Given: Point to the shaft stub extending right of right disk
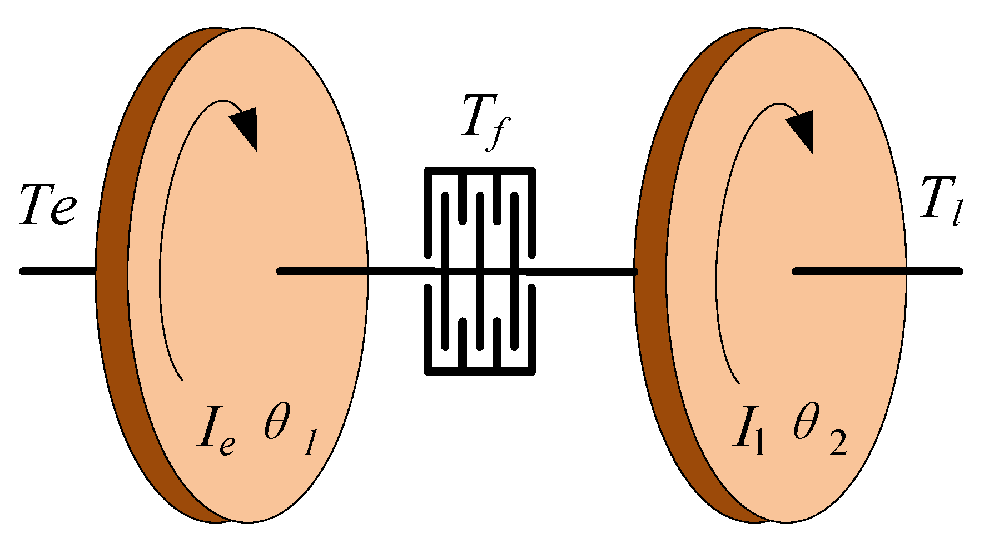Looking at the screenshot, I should coord(934,271).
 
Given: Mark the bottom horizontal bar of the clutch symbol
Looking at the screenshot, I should coord(479,370).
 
